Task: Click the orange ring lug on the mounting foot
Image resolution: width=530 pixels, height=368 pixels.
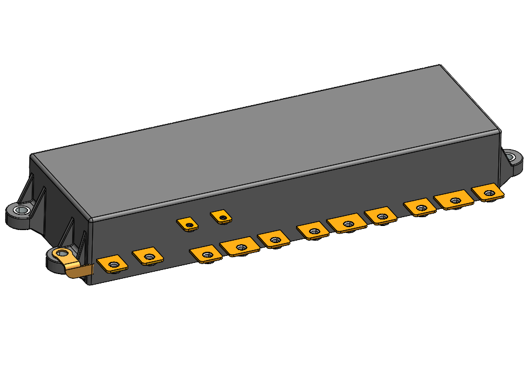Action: pyautogui.click(x=62, y=255)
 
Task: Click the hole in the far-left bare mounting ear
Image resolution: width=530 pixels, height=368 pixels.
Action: pyautogui.click(x=23, y=211)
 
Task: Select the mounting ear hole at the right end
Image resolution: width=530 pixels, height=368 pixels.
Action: pyautogui.click(x=514, y=158)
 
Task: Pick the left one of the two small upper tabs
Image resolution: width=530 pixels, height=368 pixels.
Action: pyautogui.click(x=187, y=224)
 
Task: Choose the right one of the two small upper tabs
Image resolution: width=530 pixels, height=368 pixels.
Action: pyautogui.click(x=220, y=217)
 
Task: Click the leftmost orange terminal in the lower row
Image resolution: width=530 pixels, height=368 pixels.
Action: pyautogui.click(x=113, y=264)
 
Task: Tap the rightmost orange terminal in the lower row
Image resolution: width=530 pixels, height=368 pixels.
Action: pyautogui.click(x=487, y=192)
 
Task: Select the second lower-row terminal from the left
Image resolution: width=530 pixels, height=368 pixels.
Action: pyautogui.click(x=148, y=256)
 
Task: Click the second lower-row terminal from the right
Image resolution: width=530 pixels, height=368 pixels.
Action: pyautogui.click(x=454, y=200)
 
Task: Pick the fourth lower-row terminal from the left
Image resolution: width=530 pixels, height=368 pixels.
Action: pyautogui.click(x=240, y=247)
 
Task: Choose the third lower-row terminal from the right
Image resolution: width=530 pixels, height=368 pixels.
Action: pyautogui.click(x=419, y=207)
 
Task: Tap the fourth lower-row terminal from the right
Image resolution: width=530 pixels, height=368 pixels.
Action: pyautogui.click(x=381, y=216)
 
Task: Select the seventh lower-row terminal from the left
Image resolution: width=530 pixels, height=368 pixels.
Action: pyautogui.click(x=347, y=224)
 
